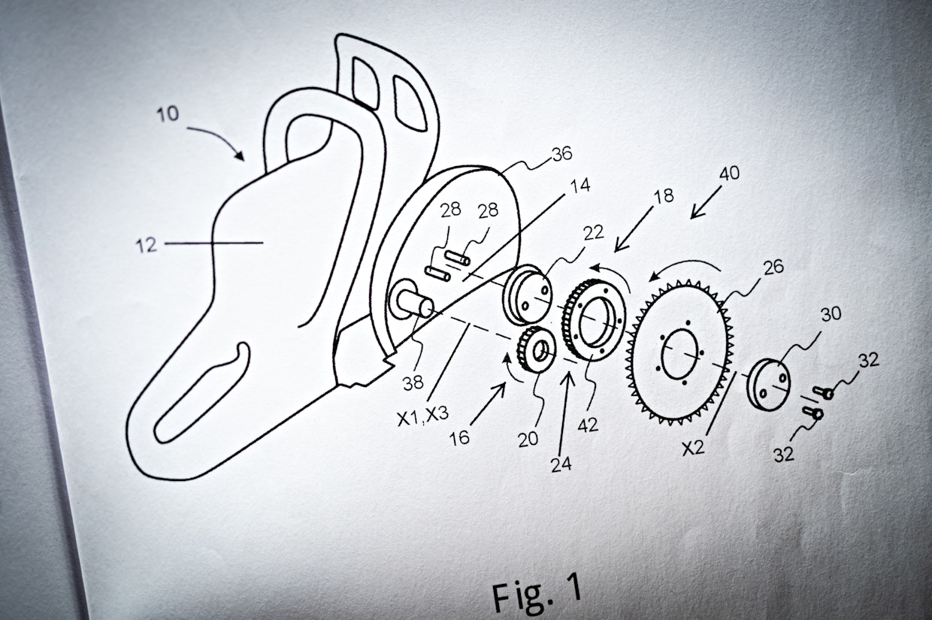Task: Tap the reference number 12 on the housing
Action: click(147, 244)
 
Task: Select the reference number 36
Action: click(561, 154)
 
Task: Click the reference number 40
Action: click(728, 174)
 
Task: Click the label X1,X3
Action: click(422, 416)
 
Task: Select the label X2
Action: click(694, 449)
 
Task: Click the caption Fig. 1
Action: click(537, 590)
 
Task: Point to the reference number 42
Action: click(589, 425)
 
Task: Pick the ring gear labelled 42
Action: click(595, 319)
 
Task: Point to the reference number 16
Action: click(459, 437)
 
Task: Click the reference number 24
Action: click(560, 464)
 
